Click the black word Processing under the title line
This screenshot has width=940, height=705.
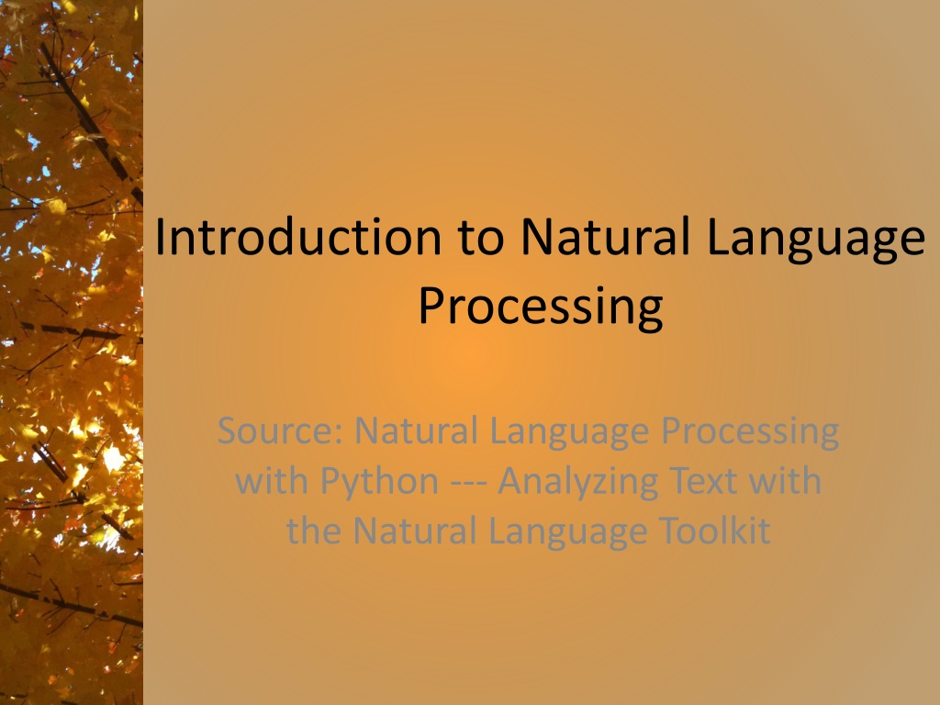[540, 308]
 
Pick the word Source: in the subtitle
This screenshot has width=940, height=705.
[280, 431]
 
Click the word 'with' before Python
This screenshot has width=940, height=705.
[273, 480]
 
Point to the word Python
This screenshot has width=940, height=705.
[379, 482]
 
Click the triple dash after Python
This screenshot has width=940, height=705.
[468, 482]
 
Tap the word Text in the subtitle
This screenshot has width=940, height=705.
[699, 480]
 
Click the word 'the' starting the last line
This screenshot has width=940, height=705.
[313, 530]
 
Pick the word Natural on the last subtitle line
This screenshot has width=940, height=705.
[407, 530]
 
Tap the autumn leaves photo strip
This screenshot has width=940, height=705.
[71, 352]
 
